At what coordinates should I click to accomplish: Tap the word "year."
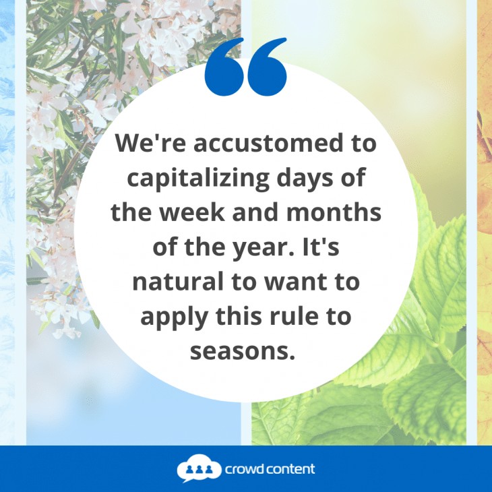(x=266, y=248)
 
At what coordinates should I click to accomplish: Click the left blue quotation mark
(x=224, y=67)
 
